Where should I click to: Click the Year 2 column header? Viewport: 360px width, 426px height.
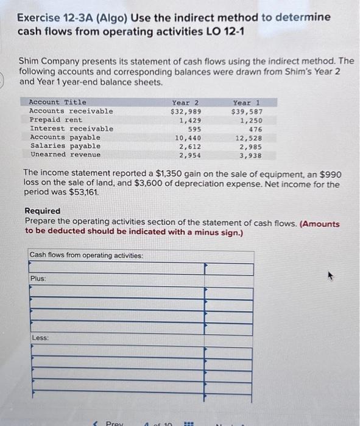pos(185,102)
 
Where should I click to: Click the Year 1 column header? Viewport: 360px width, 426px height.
pos(246,102)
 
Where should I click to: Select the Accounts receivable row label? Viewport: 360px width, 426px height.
pos(71,111)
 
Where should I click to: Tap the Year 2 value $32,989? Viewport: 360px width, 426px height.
pos(186,111)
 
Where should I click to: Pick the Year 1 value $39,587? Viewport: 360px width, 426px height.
pos(247,111)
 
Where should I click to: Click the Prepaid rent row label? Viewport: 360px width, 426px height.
pos(55,120)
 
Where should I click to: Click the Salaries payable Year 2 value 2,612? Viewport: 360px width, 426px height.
pos(190,147)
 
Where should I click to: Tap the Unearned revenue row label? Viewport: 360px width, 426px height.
pos(65,155)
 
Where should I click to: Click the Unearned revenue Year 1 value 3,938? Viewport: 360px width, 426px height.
pos(251,155)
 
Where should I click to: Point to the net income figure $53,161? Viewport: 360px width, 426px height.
pos(83,192)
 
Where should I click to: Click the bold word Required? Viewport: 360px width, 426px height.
pos(43,211)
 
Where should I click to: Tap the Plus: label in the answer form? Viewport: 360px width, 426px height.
pos(38,278)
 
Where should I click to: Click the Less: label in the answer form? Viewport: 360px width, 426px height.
pos(40,337)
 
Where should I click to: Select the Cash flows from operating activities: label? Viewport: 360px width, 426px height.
pos(86,255)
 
